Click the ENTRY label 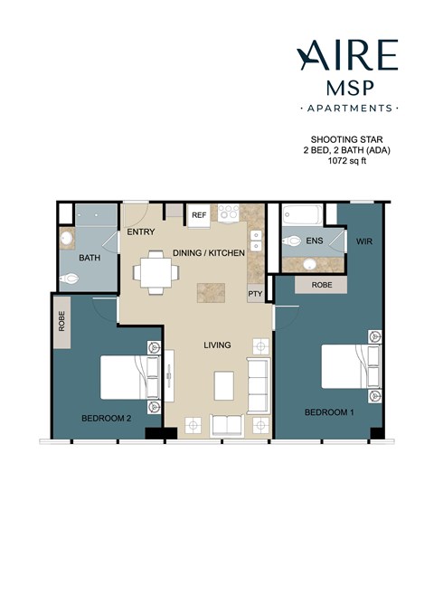(141, 231)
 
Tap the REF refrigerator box (198, 216)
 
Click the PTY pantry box (254, 295)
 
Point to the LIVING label (217, 345)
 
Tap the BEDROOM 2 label (108, 418)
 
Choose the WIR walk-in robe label (365, 241)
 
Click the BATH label (90, 259)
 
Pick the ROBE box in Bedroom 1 (321, 284)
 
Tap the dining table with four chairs (153, 272)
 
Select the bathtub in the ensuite (302, 216)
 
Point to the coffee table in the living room (226, 385)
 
